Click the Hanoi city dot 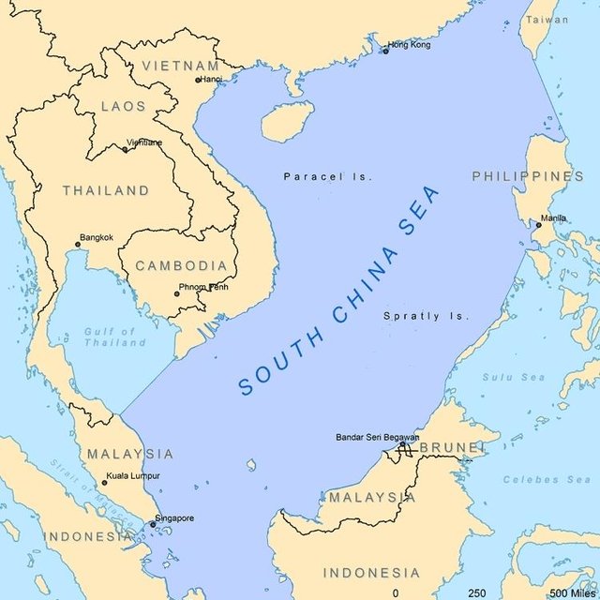click(x=198, y=80)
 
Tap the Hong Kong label click(x=410, y=45)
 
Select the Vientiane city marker click(x=125, y=149)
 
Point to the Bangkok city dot click(x=78, y=245)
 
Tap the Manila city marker click(x=538, y=224)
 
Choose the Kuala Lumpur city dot click(x=104, y=483)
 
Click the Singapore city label click(x=175, y=517)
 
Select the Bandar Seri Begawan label click(x=377, y=438)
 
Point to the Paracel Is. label click(x=328, y=176)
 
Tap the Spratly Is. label click(x=427, y=316)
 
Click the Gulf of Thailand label click(x=111, y=337)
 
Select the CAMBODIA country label click(x=181, y=266)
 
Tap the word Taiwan click(x=539, y=18)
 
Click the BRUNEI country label click(x=451, y=447)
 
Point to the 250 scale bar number click(x=476, y=592)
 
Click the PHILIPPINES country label click(x=527, y=176)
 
